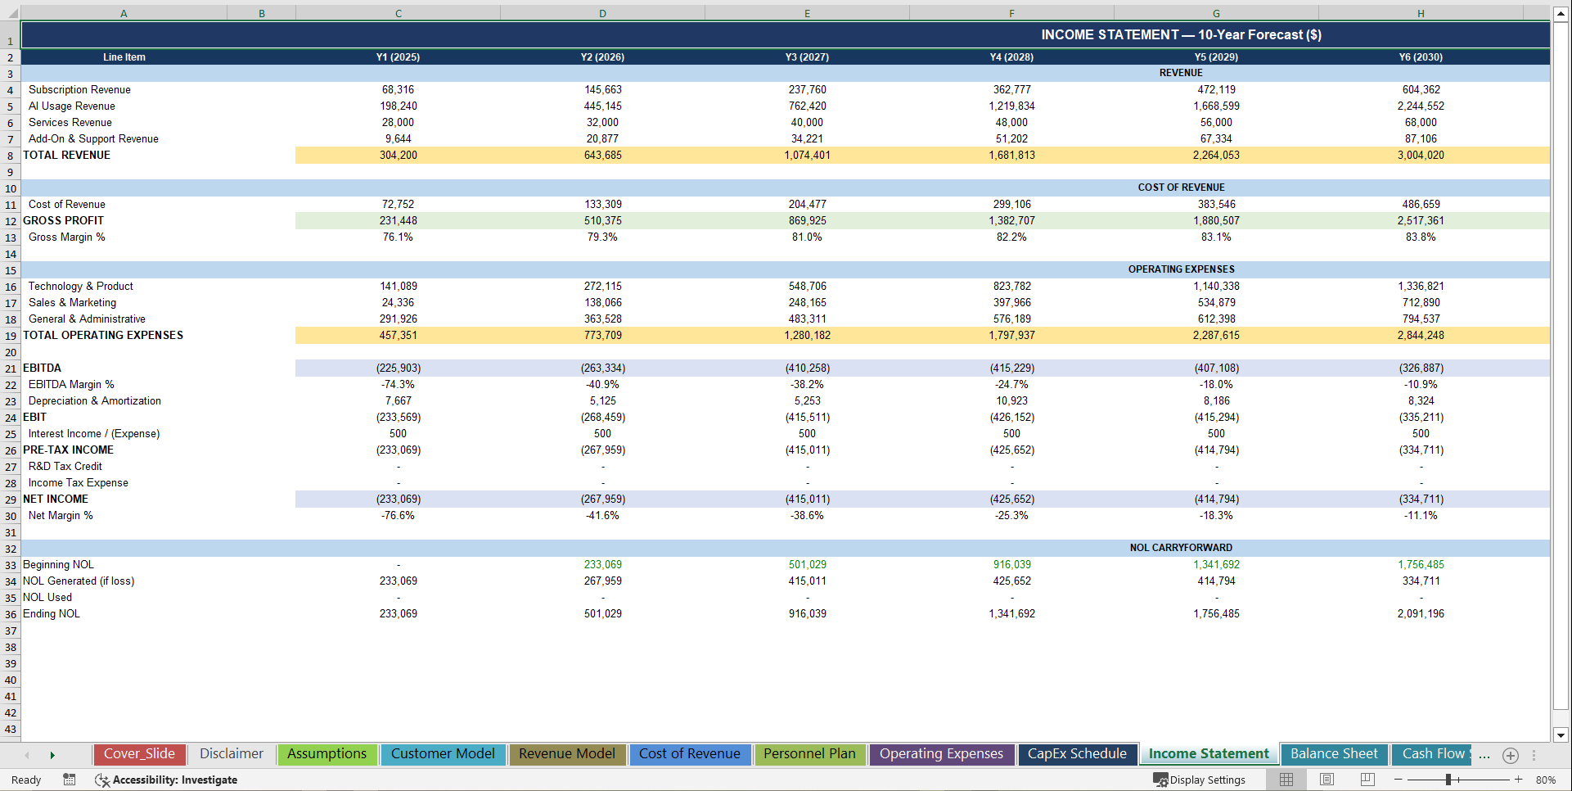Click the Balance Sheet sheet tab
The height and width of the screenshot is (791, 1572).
coord(1333,754)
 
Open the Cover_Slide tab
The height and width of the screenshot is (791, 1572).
coord(139,754)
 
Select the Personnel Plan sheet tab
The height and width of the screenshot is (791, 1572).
coord(809,754)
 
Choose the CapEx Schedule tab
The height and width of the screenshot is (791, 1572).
coord(1076,754)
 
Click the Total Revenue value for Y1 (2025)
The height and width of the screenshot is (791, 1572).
coord(398,156)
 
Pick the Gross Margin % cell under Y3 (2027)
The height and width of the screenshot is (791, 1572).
coord(807,237)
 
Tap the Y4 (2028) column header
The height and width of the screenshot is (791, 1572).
coord(1011,57)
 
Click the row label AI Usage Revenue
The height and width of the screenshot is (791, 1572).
coord(72,106)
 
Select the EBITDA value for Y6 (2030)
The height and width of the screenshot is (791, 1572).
coord(1421,368)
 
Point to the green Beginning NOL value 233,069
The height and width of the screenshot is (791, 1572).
coord(602,565)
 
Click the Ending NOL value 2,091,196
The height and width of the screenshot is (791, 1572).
coord(1421,614)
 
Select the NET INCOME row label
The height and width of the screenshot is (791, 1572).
coord(56,499)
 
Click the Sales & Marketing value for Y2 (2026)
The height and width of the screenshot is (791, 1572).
coord(602,303)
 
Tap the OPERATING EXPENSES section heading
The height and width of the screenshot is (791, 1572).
coord(1181,269)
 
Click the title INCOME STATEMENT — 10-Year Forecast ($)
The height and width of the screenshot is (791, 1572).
coord(1181,35)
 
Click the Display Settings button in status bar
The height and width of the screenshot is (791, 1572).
coord(1200,780)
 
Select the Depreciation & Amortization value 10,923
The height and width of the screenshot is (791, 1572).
coord(1011,401)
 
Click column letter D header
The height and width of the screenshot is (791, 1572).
coord(602,13)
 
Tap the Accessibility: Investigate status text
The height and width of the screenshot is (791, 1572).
coord(174,780)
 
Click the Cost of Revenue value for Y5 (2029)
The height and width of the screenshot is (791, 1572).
coord(1216,205)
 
